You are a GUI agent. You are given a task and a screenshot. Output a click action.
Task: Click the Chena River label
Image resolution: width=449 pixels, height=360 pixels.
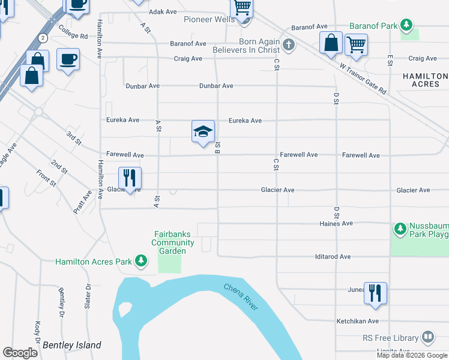point(241,296)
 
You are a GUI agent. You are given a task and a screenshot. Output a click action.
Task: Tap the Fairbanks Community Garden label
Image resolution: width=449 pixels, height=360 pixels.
point(173,242)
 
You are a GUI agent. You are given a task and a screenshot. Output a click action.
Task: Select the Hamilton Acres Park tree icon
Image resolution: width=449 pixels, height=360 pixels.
point(141,260)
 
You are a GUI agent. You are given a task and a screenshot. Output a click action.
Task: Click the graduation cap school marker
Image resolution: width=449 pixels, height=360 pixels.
point(203,131)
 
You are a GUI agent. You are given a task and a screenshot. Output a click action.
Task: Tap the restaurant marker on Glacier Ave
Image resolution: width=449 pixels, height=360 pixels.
point(130,178)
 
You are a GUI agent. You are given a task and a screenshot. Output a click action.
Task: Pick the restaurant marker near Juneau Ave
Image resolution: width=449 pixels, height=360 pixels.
point(375,293)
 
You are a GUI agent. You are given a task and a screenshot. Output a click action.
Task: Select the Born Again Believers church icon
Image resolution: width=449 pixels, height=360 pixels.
point(289,44)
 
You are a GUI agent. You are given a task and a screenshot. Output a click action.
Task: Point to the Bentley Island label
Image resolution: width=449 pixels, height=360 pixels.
point(72,345)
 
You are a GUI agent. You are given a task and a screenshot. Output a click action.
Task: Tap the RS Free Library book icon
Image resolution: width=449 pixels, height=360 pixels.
point(428,337)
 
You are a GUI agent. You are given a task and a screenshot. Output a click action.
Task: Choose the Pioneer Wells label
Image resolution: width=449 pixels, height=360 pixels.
point(209,20)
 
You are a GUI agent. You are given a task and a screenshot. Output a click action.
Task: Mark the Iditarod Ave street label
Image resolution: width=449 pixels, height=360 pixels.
point(333,257)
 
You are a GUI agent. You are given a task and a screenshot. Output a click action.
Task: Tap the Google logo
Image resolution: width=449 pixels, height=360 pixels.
point(20,352)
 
